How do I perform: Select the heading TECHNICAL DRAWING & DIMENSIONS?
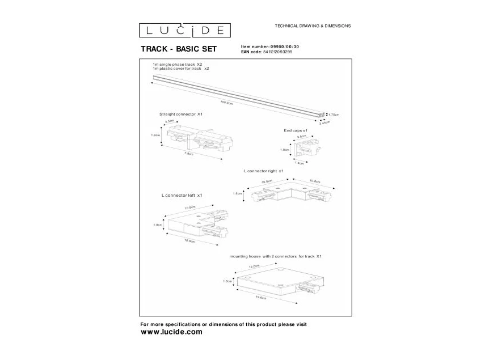pos(312,26)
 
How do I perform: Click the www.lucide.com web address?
pos(171,332)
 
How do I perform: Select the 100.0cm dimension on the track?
pos(227,103)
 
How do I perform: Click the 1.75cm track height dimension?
pos(334,115)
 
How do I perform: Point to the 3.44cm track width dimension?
pos(324,125)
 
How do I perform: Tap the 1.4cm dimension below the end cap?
pos(300,163)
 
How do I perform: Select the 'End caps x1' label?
pos(296,130)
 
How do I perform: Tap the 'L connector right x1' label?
pos(263,170)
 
